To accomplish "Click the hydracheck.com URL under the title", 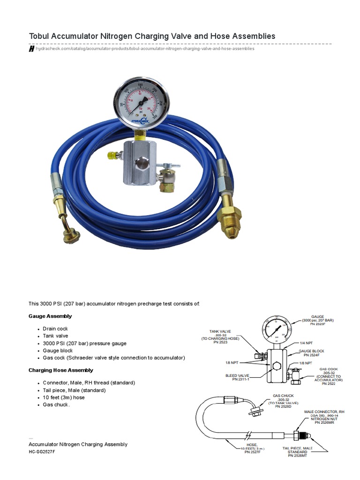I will tap(145, 49).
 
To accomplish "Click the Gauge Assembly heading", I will tap(50, 316).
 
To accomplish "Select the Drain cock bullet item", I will tap(55, 329).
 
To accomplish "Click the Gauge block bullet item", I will tap(58, 351).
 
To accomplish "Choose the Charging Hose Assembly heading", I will tap(61, 370).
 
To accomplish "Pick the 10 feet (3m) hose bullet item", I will tap(64, 397).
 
